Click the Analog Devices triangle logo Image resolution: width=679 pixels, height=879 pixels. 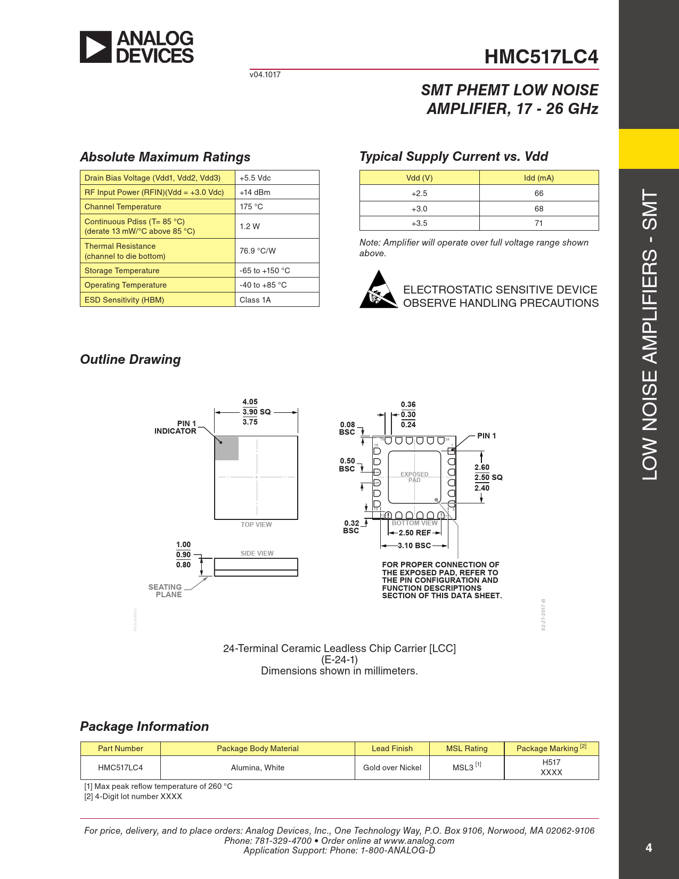point(96,47)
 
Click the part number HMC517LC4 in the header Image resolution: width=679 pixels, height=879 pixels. point(541,57)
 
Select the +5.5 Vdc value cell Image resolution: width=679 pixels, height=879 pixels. point(255,178)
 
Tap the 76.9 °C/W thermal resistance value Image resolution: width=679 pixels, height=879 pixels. point(258,251)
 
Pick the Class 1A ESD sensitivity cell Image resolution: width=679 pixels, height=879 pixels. point(255,300)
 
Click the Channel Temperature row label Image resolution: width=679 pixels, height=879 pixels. point(123,207)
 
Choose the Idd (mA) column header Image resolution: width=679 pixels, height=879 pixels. point(538,178)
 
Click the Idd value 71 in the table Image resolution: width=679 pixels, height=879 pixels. point(538,223)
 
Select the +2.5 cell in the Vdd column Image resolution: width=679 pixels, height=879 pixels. point(419,193)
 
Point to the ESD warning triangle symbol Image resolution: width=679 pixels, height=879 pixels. point(379,290)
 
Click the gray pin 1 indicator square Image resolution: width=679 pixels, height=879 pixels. point(227,448)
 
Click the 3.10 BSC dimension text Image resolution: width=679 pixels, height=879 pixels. point(414,546)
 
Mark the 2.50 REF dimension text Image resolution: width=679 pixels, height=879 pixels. point(414,533)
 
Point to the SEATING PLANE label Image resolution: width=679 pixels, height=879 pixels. point(165,591)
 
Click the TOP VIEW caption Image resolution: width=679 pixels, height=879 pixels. point(256,525)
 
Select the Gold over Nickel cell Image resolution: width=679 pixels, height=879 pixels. point(392,768)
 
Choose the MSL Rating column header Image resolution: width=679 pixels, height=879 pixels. point(467,748)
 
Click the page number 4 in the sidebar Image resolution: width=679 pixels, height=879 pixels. point(649,848)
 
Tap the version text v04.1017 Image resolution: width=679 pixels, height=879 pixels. point(265,75)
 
